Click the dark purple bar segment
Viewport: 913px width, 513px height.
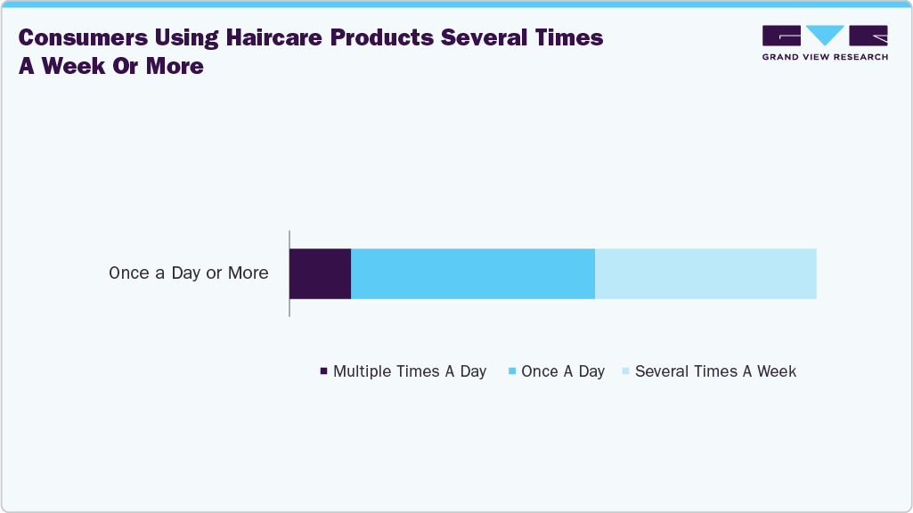(x=321, y=273)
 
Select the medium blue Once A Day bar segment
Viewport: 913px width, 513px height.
(x=473, y=273)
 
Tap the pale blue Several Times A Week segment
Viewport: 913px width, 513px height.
(x=705, y=273)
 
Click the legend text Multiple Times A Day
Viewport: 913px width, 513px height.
(x=410, y=371)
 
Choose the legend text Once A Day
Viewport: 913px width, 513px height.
(x=563, y=371)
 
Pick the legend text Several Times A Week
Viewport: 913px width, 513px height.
(x=715, y=371)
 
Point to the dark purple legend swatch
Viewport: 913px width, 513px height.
(x=323, y=371)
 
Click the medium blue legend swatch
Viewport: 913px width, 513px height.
(x=512, y=371)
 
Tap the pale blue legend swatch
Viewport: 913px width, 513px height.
(x=625, y=371)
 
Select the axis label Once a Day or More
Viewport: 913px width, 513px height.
(x=189, y=273)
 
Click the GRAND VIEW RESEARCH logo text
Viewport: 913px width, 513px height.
(x=825, y=57)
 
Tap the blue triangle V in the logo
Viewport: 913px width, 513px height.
(x=825, y=36)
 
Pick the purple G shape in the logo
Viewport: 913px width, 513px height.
(x=781, y=36)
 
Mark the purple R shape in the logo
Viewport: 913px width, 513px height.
(x=868, y=36)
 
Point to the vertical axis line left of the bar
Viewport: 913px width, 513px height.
(x=289, y=273)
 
